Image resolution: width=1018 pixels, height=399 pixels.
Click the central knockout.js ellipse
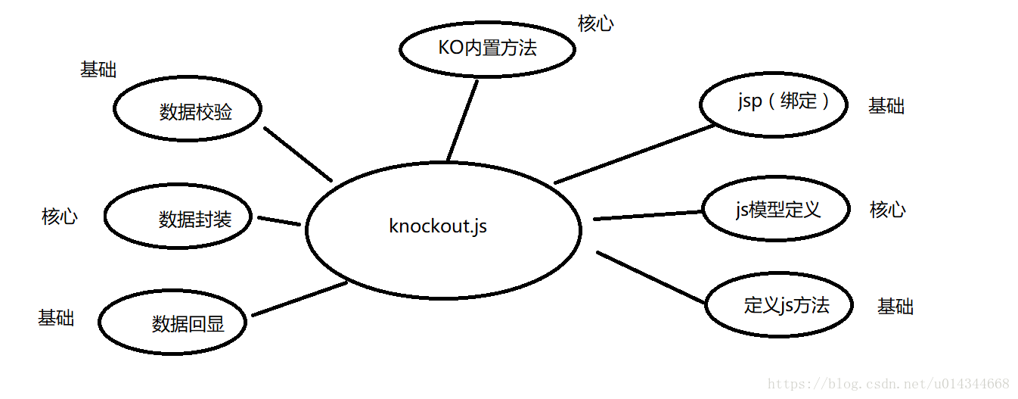tap(442, 227)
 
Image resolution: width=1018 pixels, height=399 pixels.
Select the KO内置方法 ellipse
tap(487, 48)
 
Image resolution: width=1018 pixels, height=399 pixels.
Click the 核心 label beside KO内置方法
tap(596, 23)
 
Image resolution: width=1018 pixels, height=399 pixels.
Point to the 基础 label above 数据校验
tap(98, 70)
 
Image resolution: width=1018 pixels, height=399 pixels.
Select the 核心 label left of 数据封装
tap(60, 217)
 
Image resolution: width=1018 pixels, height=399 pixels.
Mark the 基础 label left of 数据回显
tap(56, 317)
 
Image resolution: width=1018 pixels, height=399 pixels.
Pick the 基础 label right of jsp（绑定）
tap(886, 106)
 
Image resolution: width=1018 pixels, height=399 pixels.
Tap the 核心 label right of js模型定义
tap(888, 210)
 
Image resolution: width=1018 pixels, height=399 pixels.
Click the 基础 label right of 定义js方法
tap(895, 307)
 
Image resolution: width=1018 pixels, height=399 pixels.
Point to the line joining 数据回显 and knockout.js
tap(300, 299)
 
